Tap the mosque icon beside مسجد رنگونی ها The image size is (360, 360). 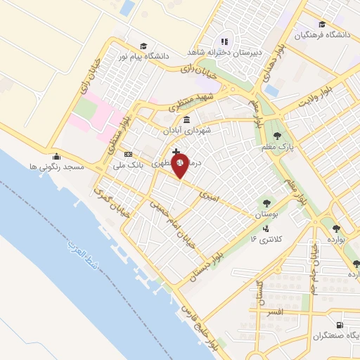point(57,156)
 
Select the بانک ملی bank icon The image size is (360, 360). point(127,155)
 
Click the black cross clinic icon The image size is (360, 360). point(175,151)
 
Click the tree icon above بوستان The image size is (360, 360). point(266,202)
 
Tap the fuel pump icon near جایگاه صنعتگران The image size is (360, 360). point(340,325)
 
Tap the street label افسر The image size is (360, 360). point(274,311)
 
